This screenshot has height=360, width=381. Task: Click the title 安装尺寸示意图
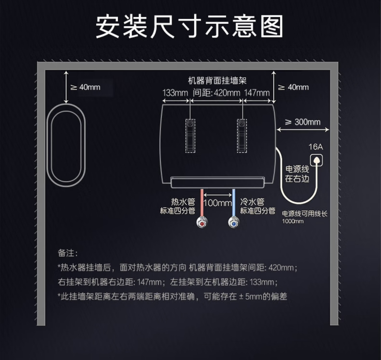tap(189, 26)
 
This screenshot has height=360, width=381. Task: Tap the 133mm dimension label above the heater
tap(175, 93)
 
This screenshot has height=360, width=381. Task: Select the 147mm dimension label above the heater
tap(257, 93)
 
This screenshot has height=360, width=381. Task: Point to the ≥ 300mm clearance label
tap(303, 122)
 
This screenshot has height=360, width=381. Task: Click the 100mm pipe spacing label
tap(217, 203)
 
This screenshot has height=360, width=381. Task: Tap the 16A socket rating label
tap(315, 147)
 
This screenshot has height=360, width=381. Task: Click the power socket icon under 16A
tap(316, 160)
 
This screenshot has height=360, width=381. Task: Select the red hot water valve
tap(202, 223)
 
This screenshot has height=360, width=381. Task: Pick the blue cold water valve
tap(233, 223)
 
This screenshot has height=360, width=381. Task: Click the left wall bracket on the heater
tap(190, 136)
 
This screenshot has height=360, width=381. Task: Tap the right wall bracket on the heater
tap(242, 136)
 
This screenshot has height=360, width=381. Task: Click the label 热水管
tap(183, 202)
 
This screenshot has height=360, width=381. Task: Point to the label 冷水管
tap(252, 202)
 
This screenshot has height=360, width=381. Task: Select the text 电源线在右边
tap(297, 174)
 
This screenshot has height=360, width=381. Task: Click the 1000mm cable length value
tap(293, 221)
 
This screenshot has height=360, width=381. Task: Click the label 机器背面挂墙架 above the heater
tap(217, 81)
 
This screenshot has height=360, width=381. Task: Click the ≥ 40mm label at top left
tap(85, 87)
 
